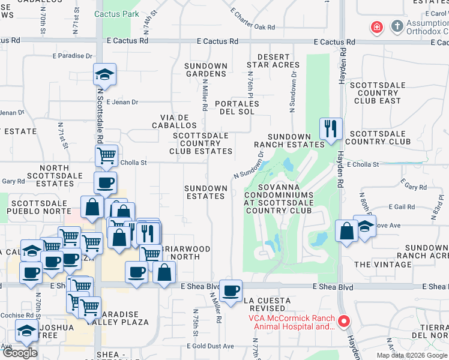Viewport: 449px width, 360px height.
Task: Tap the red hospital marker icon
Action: point(376,27)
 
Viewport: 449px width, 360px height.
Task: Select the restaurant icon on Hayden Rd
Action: point(331,128)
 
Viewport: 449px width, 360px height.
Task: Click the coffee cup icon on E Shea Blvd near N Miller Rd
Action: point(231,291)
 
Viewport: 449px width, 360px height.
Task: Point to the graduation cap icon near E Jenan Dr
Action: point(104,74)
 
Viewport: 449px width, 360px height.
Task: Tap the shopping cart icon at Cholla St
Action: point(106,155)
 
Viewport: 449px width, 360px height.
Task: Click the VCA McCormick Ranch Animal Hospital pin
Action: point(344,322)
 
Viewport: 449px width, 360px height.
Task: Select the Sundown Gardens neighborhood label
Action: point(206,70)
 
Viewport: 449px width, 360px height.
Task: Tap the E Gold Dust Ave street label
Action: point(210,346)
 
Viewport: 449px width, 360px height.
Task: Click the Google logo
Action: point(20,353)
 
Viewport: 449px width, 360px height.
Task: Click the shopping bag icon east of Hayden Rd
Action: point(347,231)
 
